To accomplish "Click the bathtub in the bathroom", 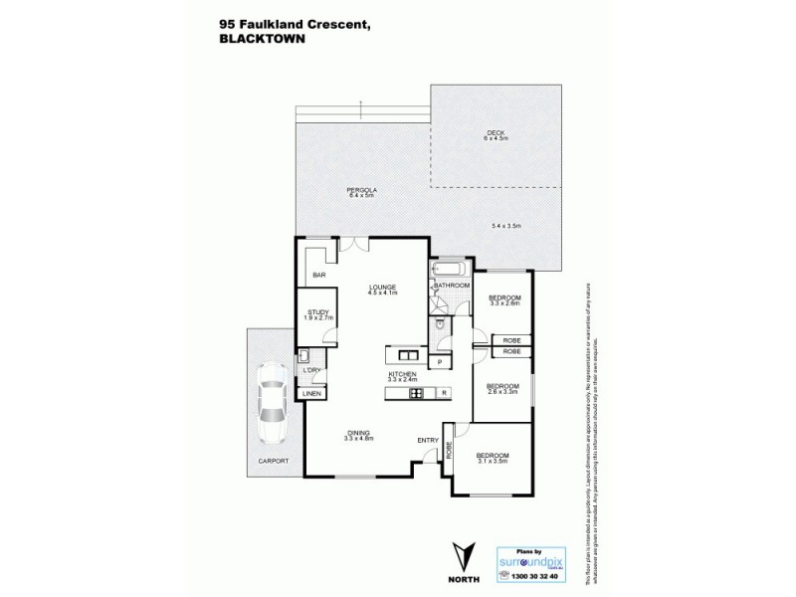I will [451, 270].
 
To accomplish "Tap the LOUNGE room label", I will [383, 286].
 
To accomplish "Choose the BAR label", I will [320, 275].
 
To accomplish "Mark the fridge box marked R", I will [444, 392].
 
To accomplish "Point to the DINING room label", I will [359, 432].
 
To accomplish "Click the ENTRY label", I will [429, 440].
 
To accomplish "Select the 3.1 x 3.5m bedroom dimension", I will [493, 463].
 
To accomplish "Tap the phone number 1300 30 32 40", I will [537, 577].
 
